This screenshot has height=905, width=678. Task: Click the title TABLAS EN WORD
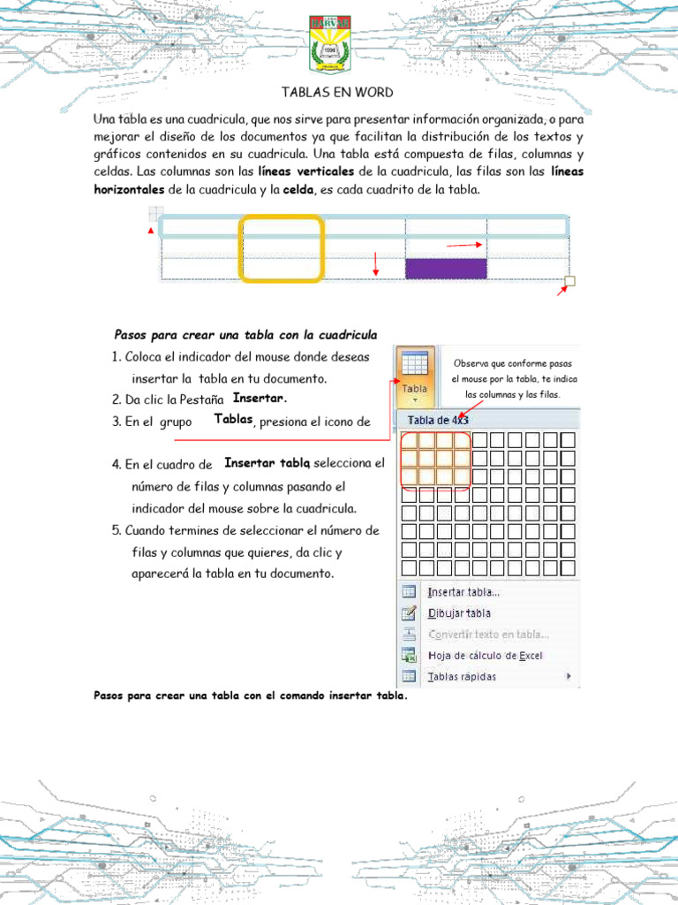pyautogui.click(x=337, y=92)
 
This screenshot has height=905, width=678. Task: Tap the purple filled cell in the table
pyautogui.click(x=446, y=269)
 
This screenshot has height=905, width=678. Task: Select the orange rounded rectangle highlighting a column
pyautogui.click(x=282, y=248)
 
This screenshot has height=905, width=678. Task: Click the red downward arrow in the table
pyautogui.click(x=376, y=263)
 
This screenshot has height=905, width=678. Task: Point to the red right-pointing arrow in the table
pyautogui.click(x=465, y=245)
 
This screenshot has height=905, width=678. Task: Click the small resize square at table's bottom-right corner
pyautogui.click(x=569, y=282)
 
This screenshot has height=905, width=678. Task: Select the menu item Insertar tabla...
pyautogui.click(x=463, y=592)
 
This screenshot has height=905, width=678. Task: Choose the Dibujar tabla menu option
pyautogui.click(x=459, y=613)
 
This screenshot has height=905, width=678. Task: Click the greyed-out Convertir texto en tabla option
pyautogui.click(x=488, y=635)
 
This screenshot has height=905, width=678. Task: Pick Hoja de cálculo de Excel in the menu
pyautogui.click(x=485, y=656)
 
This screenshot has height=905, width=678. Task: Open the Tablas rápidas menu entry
pyautogui.click(x=462, y=677)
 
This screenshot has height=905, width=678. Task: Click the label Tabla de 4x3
pyautogui.click(x=437, y=420)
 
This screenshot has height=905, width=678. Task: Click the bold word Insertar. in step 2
pyautogui.click(x=260, y=398)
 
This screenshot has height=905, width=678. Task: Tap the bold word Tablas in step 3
pyautogui.click(x=234, y=420)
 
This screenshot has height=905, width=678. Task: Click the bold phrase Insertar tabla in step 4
pyautogui.click(x=267, y=462)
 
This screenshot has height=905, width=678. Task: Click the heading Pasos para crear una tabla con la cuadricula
pyautogui.click(x=246, y=334)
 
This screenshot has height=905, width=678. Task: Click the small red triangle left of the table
pyautogui.click(x=150, y=232)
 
